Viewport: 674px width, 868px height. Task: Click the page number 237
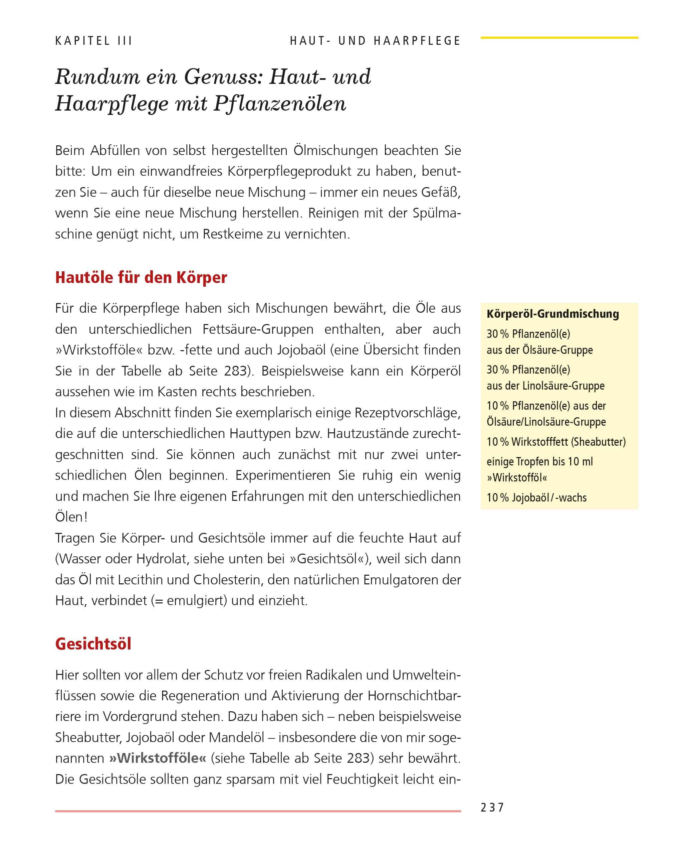[x=492, y=808]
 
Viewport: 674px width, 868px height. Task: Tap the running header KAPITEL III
[x=94, y=41]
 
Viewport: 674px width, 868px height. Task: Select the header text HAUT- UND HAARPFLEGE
[x=375, y=41]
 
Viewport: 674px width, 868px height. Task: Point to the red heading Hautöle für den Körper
[x=141, y=277]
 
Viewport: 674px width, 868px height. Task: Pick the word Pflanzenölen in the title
[x=280, y=104]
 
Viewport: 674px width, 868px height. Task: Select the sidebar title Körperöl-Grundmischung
[x=552, y=314]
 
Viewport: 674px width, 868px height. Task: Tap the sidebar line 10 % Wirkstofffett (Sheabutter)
[x=556, y=442]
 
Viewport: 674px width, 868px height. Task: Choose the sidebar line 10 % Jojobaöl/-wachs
[x=536, y=497]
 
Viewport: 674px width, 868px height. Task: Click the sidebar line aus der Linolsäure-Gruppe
[x=545, y=386]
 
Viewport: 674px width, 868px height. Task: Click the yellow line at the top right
[x=559, y=38]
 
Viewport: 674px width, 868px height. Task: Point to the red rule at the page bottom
[x=258, y=811]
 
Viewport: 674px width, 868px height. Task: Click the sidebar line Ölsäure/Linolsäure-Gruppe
[x=546, y=421]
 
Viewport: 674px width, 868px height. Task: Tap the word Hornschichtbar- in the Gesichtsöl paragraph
[x=414, y=696]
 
